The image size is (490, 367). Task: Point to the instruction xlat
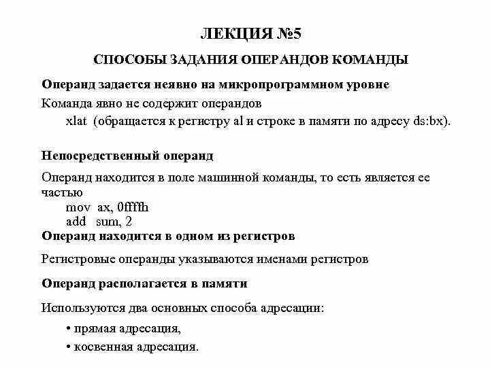click(x=78, y=121)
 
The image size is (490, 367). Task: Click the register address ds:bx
click(x=430, y=121)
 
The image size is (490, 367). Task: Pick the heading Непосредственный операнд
click(x=127, y=156)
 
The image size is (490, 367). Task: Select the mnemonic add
click(x=76, y=222)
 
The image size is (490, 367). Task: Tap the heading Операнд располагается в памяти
click(x=144, y=283)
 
